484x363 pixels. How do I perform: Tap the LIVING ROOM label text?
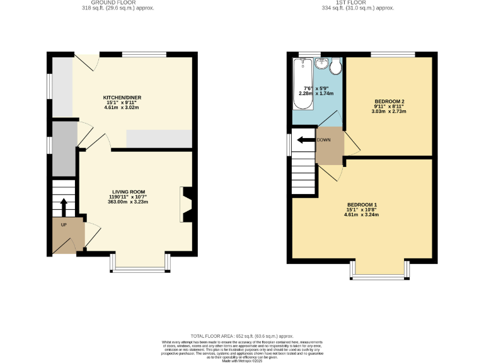[x=129, y=192]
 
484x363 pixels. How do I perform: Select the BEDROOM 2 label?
[x=389, y=101]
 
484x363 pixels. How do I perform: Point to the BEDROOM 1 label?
[x=362, y=205]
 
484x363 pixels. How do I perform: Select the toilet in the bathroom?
[x=336, y=65]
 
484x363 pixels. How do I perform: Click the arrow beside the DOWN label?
[x=306, y=140]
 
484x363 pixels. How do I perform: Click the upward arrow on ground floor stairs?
[x=63, y=207]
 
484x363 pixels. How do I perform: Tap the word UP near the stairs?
[x=64, y=225]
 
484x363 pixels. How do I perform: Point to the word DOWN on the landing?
[x=323, y=140]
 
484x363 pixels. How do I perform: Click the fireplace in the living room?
[x=187, y=205]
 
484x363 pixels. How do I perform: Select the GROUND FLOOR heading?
[x=118, y=3]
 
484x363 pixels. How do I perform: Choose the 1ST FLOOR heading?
[x=358, y=3]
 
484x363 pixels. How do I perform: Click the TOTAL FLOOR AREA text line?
[x=242, y=337]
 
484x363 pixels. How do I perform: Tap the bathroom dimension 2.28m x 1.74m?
[x=316, y=93]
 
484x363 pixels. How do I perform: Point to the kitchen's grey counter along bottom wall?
[x=159, y=139]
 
